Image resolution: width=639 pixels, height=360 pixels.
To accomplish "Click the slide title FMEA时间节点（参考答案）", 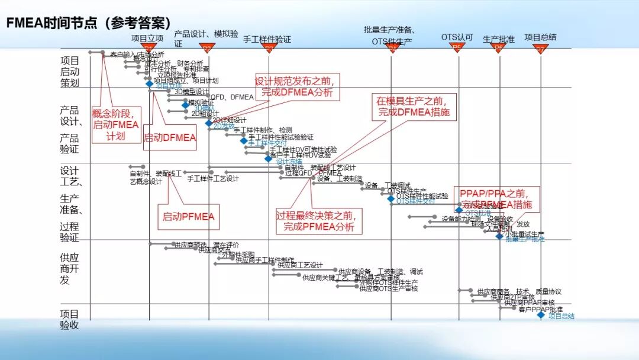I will pyautogui.click(x=88, y=22).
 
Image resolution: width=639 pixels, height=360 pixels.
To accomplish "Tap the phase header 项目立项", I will pyautogui.click(x=147, y=38).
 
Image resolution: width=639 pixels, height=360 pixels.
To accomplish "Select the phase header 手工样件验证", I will pyautogui.click(x=267, y=39).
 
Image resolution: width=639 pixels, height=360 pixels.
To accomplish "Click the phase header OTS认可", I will pyautogui.click(x=457, y=37).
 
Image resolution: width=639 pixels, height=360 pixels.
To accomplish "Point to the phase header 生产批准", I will pyautogui.click(x=499, y=39).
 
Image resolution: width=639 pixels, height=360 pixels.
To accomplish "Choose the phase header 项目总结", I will pyautogui.click(x=541, y=37).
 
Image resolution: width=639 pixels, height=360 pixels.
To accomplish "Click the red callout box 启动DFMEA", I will pyautogui.click(x=170, y=137).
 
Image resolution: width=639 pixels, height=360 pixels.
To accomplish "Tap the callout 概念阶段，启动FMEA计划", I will pyautogui.click(x=116, y=124).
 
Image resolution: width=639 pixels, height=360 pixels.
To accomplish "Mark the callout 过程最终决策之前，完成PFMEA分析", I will pyautogui.click(x=319, y=220).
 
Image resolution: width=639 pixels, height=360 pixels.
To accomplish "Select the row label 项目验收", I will pyautogui.click(x=70, y=319).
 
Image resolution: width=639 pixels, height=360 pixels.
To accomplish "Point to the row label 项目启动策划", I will pyautogui.click(x=70, y=72).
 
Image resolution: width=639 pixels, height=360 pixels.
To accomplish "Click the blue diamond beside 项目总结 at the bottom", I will pyautogui.click(x=541, y=315).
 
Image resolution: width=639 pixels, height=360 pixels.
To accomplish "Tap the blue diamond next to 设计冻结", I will pyautogui.click(x=269, y=158).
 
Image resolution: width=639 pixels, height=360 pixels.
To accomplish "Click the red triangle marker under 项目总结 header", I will pyautogui.click(x=541, y=49).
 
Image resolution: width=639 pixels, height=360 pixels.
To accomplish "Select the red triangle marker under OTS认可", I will pyautogui.click(x=457, y=47).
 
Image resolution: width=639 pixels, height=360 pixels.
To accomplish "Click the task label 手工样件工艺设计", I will pyautogui.click(x=213, y=178).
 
